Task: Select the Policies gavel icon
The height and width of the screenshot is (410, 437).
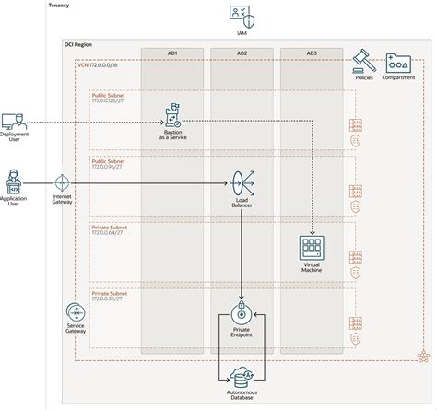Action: pyautogui.click(x=362, y=62)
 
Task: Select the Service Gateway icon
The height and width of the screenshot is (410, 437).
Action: pyautogui.click(x=75, y=314)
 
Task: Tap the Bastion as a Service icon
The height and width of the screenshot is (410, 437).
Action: pyautogui.click(x=172, y=116)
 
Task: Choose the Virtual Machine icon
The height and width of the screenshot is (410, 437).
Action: pyautogui.click(x=312, y=248)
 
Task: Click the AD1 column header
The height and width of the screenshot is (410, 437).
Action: pyautogui.click(x=172, y=53)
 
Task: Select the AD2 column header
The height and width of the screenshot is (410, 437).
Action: pyautogui.click(x=242, y=53)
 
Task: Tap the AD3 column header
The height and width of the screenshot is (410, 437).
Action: pyautogui.click(x=311, y=53)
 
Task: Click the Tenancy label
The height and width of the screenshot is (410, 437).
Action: pyautogui.click(x=59, y=6)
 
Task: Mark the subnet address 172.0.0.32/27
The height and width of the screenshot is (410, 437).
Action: pyautogui.click(x=109, y=299)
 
